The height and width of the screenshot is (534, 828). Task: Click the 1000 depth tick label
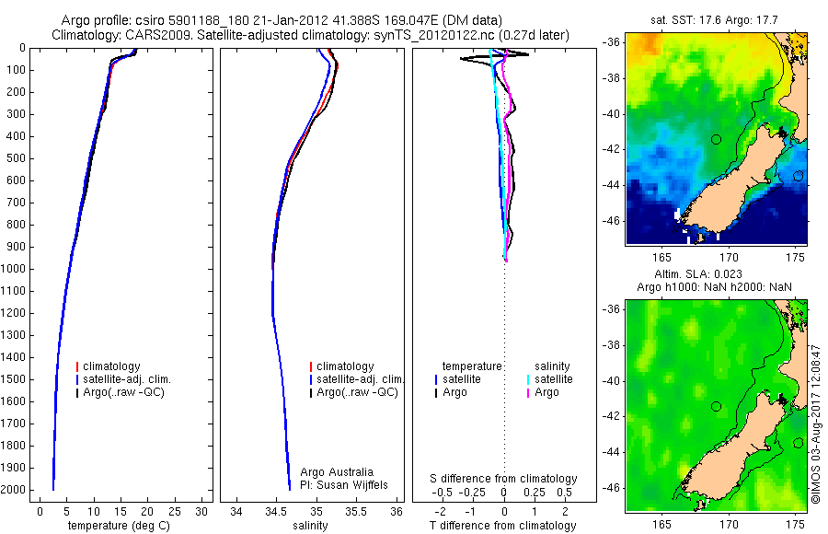[15, 269]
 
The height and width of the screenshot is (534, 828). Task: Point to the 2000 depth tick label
[15, 490]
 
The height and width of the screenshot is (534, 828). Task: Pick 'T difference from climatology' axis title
[503, 526]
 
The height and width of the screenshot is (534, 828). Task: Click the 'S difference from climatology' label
[503, 479]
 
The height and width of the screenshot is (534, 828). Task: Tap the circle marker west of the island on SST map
[716, 139]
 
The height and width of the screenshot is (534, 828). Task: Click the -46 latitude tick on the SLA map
[611, 487]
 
